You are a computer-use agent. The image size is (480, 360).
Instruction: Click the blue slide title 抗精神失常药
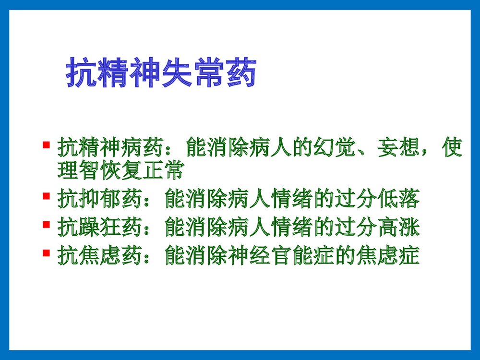click(x=160, y=73)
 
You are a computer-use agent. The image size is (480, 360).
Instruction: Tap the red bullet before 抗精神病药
click(x=46, y=144)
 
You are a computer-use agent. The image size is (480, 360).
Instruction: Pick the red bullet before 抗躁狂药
click(x=46, y=224)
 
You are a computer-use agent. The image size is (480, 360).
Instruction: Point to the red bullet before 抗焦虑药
click(x=46, y=252)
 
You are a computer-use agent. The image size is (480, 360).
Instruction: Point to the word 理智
click(x=78, y=171)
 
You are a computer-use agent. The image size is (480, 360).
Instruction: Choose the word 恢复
click(x=121, y=171)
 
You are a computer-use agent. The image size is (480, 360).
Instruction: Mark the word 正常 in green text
click(x=164, y=171)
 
